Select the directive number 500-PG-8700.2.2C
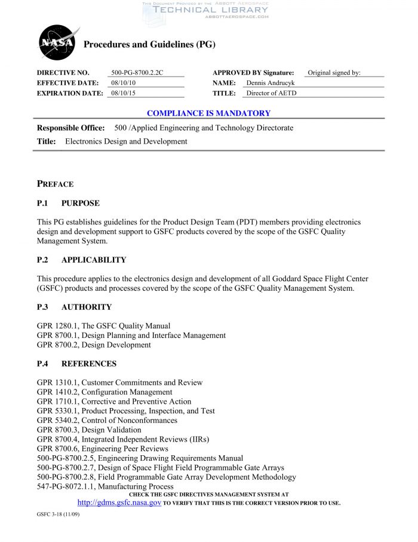coord(137,73)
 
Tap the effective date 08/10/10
coord(124,83)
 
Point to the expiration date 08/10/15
coord(124,93)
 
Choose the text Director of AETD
coord(271,93)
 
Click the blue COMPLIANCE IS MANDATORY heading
coord(208,113)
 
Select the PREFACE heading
coord(56,184)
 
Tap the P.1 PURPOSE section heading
coord(68,203)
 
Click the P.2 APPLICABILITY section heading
coord(81,260)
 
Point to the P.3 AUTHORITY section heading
coord(74,307)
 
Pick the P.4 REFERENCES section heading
coord(76,364)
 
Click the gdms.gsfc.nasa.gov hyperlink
coord(119,503)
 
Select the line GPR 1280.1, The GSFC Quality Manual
coord(103,326)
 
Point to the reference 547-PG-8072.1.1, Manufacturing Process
coord(105,487)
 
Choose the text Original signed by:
coord(334,73)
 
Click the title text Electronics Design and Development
coord(126,142)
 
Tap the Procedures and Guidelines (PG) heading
coord(149,45)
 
